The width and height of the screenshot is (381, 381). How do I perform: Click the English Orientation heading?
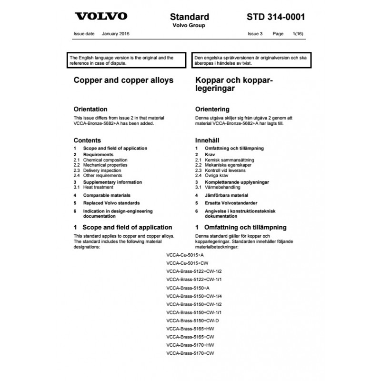pos(90,109)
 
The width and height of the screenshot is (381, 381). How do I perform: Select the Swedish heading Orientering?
pos(212,109)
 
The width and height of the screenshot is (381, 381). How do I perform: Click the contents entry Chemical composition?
pos(105,160)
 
